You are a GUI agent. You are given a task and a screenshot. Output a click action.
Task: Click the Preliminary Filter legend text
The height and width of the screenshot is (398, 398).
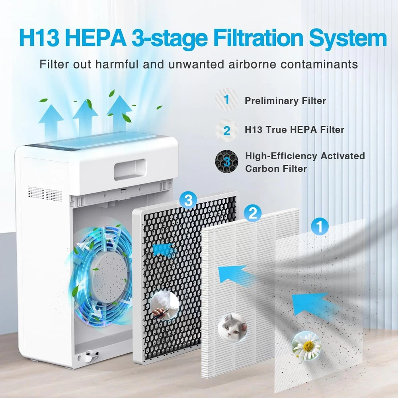pyautogui.click(x=285, y=101)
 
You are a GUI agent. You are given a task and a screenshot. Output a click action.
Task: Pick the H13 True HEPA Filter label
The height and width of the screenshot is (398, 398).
pyautogui.click(x=294, y=130)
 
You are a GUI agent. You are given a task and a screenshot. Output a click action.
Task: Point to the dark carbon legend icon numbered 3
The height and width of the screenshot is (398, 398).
pyautogui.click(x=226, y=162)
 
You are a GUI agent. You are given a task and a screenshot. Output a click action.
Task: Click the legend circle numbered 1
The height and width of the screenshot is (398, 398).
pyautogui.click(x=226, y=99)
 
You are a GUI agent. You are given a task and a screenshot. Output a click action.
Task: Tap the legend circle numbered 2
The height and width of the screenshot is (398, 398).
pyautogui.click(x=226, y=131)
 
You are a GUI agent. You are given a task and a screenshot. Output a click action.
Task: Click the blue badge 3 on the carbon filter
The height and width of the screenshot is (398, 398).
pyautogui.click(x=188, y=200)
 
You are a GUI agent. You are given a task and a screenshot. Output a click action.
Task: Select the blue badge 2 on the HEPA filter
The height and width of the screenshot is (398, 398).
pyautogui.click(x=253, y=213)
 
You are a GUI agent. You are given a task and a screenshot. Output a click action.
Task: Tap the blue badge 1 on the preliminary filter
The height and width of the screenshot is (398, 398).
pyautogui.click(x=320, y=226)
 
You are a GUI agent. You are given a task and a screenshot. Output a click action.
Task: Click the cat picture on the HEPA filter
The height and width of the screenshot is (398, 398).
pyautogui.click(x=232, y=328)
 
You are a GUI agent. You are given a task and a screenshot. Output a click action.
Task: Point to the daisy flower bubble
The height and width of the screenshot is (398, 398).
pyautogui.click(x=306, y=346)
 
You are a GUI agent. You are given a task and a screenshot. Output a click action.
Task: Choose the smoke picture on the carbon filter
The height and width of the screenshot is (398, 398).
pyautogui.click(x=164, y=306)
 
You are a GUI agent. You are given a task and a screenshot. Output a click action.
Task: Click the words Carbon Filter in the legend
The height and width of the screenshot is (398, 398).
pyautogui.click(x=276, y=168)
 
